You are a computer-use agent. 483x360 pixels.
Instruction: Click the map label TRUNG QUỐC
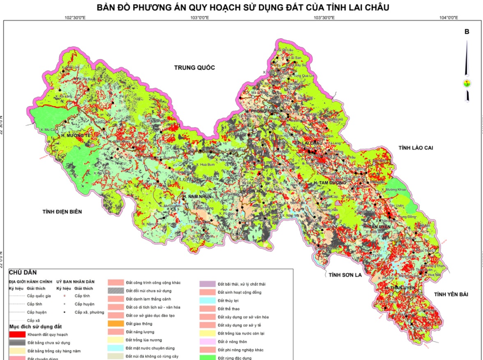pos(194,68)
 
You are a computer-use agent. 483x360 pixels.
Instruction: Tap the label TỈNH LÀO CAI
pos(416,148)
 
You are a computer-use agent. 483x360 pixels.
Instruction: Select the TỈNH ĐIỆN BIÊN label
pos(62,211)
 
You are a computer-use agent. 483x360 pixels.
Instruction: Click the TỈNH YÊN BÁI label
pos(451,294)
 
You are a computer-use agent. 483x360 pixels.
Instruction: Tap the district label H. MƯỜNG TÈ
pos(75,135)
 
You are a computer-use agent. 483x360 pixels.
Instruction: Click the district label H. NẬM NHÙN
pos(197,197)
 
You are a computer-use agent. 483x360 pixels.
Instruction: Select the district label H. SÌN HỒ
pos(252,191)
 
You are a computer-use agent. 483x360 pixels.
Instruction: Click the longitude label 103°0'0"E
pos(200,18)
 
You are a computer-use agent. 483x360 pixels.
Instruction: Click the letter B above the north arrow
pos(467,32)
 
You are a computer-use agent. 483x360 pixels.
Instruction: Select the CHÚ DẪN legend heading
pos(23,272)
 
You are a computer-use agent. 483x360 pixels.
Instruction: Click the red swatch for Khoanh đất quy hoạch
pos(17,334)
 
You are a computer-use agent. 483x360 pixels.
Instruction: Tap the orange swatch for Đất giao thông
pos(116,324)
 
